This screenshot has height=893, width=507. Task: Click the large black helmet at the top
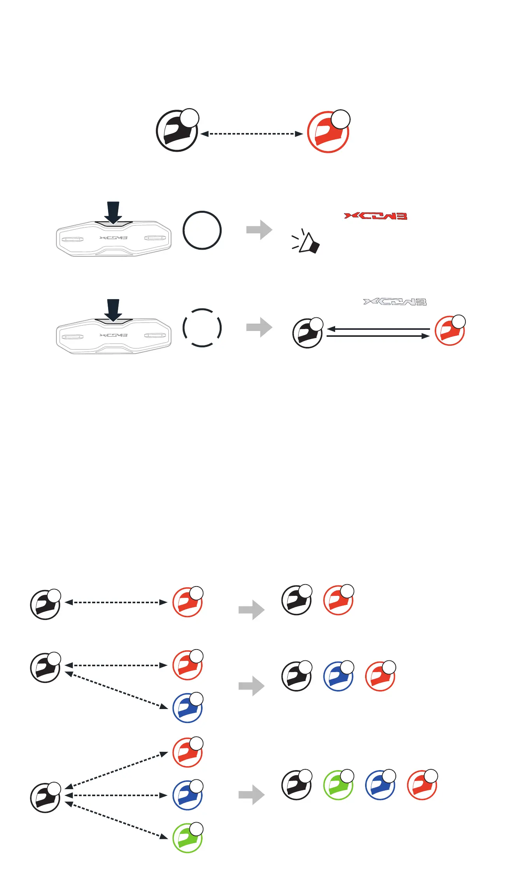177,131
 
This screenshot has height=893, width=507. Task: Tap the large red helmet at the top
328,132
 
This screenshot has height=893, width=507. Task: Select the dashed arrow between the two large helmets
252,134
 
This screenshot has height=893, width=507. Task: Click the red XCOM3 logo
376,216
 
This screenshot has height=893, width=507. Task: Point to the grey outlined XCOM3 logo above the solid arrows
395,302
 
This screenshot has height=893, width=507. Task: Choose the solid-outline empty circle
202,230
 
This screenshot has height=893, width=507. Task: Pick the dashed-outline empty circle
202,327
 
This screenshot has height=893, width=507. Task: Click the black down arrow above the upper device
113,212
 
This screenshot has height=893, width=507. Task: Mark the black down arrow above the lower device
113,310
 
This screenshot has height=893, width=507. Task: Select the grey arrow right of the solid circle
259,230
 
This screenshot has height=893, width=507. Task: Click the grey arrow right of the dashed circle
259,327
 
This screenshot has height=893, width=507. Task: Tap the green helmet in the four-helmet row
338,785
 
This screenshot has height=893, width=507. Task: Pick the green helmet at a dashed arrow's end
187,838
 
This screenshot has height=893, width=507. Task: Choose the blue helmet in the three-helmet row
338,676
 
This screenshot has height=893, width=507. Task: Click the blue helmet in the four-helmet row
380,785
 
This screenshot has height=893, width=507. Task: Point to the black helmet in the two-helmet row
297,600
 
